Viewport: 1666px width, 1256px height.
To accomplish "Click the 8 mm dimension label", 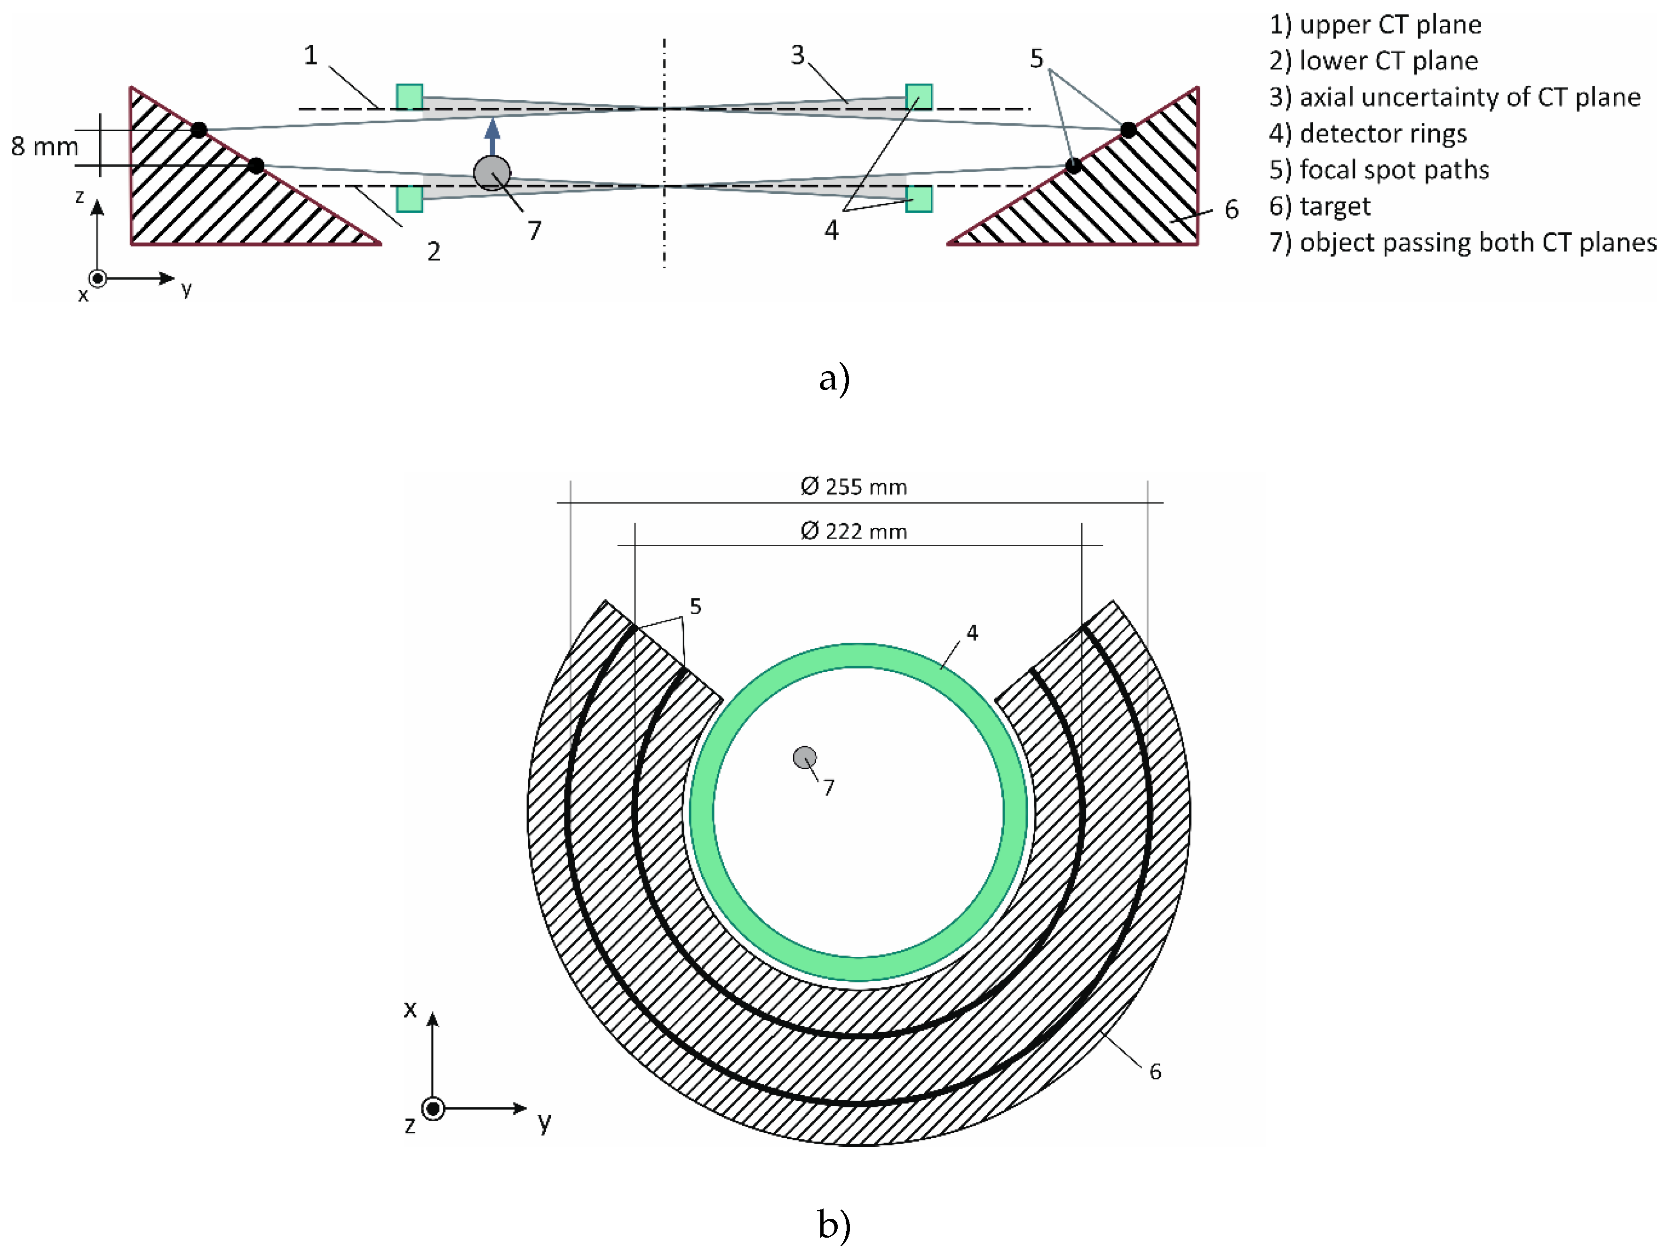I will pyautogui.click(x=44, y=146).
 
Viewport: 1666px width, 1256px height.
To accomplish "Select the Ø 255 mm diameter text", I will pyautogui.click(x=853, y=487).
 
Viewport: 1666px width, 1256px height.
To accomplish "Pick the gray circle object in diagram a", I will pyautogui.click(x=492, y=173).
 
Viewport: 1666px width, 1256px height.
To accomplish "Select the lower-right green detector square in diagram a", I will pyautogui.click(x=919, y=199).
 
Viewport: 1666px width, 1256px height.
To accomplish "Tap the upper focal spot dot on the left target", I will pyautogui.click(x=199, y=129).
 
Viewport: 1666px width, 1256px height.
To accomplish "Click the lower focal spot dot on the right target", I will pyautogui.click(x=1074, y=166).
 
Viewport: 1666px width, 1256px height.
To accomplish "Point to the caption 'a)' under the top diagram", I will pyautogui.click(x=834, y=377).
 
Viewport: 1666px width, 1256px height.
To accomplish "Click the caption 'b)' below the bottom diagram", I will pyautogui.click(x=834, y=1224).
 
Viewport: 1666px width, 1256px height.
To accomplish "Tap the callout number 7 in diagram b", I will pyautogui.click(x=828, y=788).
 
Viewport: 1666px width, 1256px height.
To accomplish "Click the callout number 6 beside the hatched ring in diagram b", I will pyautogui.click(x=1155, y=1072).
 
